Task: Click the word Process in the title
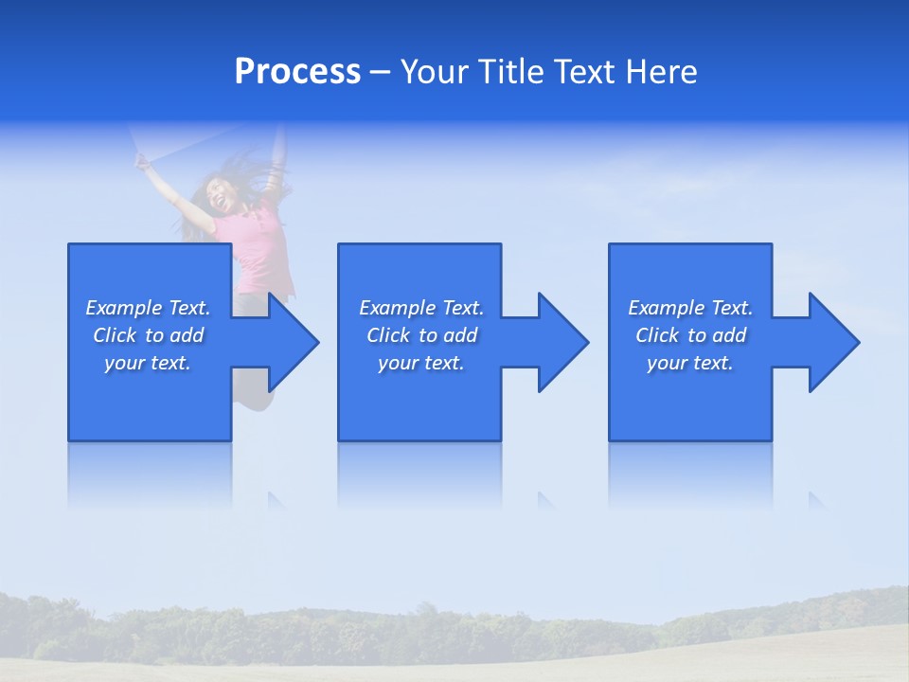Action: [x=297, y=72]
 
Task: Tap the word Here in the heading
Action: [x=661, y=72]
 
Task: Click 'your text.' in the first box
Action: [x=148, y=363]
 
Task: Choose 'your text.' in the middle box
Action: [x=421, y=363]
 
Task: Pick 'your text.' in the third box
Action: [x=690, y=363]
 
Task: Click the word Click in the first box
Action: [x=115, y=335]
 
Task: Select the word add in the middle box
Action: [x=460, y=335]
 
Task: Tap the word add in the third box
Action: [x=729, y=335]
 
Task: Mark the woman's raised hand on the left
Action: [x=143, y=162]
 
